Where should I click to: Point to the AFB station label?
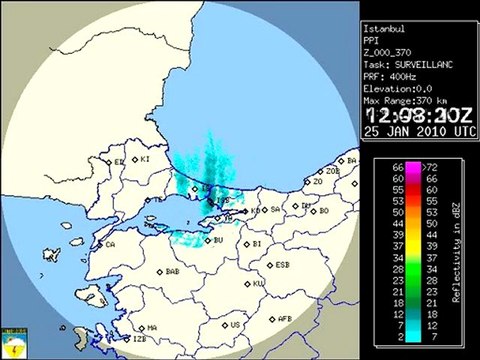click(x=284, y=319)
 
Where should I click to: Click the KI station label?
click(x=144, y=158)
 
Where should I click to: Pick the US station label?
click(x=235, y=324)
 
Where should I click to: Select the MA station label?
click(x=153, y=327)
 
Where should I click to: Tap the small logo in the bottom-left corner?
click(x=15, y=344)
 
